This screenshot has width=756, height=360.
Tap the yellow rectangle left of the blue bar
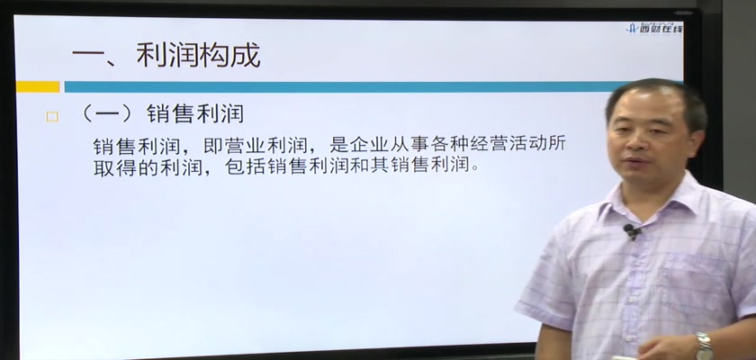[x=38, y=86]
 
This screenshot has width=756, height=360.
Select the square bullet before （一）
[x=51, y=117]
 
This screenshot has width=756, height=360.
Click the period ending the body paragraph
[x=476, y=172]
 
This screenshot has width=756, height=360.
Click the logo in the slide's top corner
[x=655, y=27]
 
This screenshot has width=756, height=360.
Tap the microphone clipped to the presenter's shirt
[x=631, y=230]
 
